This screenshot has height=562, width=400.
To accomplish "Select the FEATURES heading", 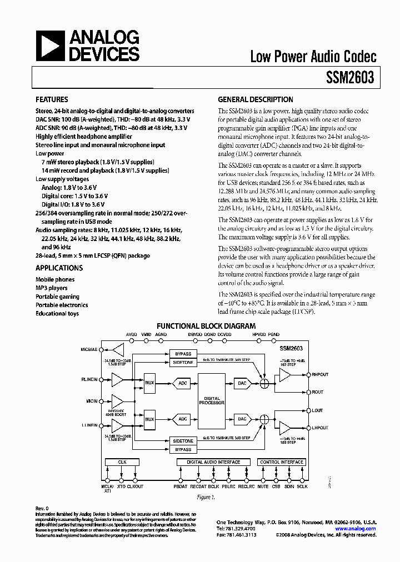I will [x=52, y=100].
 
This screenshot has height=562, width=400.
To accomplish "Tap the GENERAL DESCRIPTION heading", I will [x=256, y=100].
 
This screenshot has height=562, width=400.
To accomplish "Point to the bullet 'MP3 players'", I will [x=52, y=288].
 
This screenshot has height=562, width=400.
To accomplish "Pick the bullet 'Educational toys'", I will [x=57, y=313].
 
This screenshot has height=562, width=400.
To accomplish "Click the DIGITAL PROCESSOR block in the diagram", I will [x=212, y=400].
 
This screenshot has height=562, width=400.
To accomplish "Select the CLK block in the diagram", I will [x=123, y=462].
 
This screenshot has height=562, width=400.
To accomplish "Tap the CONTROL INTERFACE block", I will [x=282, y=462].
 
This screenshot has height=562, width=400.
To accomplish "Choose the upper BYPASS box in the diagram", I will [x=183, y=354].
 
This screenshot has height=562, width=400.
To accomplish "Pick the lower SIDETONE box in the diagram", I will [x=183, y=440].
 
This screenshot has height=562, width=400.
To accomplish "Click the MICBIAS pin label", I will [x=89, y=350].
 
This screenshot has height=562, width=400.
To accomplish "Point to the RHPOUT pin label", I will [x=321, y=374].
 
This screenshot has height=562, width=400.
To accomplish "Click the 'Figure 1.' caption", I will [x=206, y=498].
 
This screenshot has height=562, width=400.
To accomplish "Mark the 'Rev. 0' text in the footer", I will [x=42, y=508].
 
